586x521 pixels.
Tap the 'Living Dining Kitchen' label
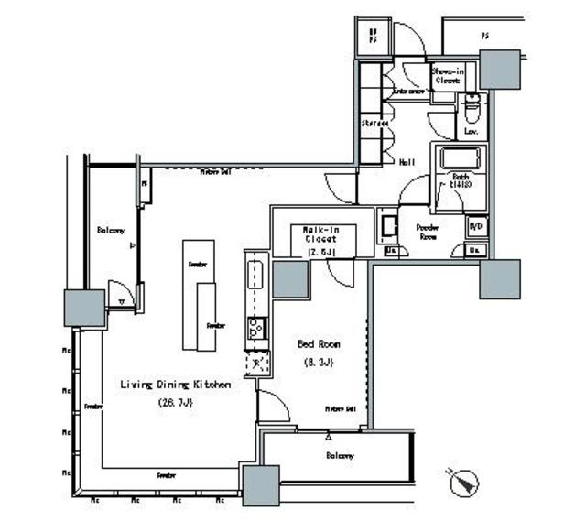(x=175, y=385)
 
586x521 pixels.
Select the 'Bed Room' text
(x=319, y=344)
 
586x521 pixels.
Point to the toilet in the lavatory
(x=472, y=109)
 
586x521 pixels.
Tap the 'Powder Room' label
(x=427, y=232)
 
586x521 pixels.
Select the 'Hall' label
(x=407, y=163)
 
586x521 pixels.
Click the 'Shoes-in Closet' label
(x=449, y=75)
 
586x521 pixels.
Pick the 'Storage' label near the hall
(x=374, y=123)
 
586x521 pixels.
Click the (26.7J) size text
(x=175, y=402)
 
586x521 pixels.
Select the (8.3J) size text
(x=318, y=363)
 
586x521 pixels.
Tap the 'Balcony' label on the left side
(x=110, y=231)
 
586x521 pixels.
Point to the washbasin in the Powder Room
(x=389, y=224)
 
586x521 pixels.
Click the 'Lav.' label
(x=471, y=132)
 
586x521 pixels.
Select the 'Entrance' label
(x=408, y=92)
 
